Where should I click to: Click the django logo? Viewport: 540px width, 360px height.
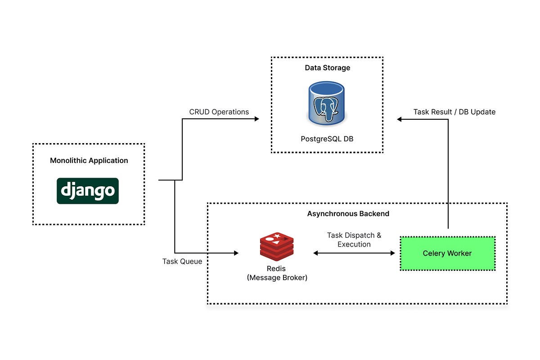pos(88,191)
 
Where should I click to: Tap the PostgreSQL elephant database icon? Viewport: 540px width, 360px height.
pos(327,104)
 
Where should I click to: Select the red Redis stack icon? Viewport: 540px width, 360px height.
pos(277,247)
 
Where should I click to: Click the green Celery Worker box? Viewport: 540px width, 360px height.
pos(447,253)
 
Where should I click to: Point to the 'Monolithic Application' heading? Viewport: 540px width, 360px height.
pos(89,161)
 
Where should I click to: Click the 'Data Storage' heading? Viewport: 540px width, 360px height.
pos(327,68)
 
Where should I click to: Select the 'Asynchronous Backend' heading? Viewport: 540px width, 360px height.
pos(348,214)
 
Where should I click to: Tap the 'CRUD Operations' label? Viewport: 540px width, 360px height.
pos(219,112)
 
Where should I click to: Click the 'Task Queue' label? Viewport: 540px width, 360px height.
pos(182,261)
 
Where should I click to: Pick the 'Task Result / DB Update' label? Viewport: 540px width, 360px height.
pos(454,112)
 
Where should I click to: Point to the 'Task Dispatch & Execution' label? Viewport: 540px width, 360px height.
pos(354,240)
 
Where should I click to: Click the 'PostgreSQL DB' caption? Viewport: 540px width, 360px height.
pos(327,139)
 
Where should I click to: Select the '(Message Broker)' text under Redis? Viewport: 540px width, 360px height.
pos(277,278)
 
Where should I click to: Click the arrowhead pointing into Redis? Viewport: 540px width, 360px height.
pos(236,253)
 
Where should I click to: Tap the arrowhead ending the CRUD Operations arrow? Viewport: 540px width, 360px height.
pos(257,119)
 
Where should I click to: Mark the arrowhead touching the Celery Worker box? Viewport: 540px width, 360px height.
pos(392,253)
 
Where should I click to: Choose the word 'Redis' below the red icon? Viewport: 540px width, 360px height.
pos(277,269)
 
